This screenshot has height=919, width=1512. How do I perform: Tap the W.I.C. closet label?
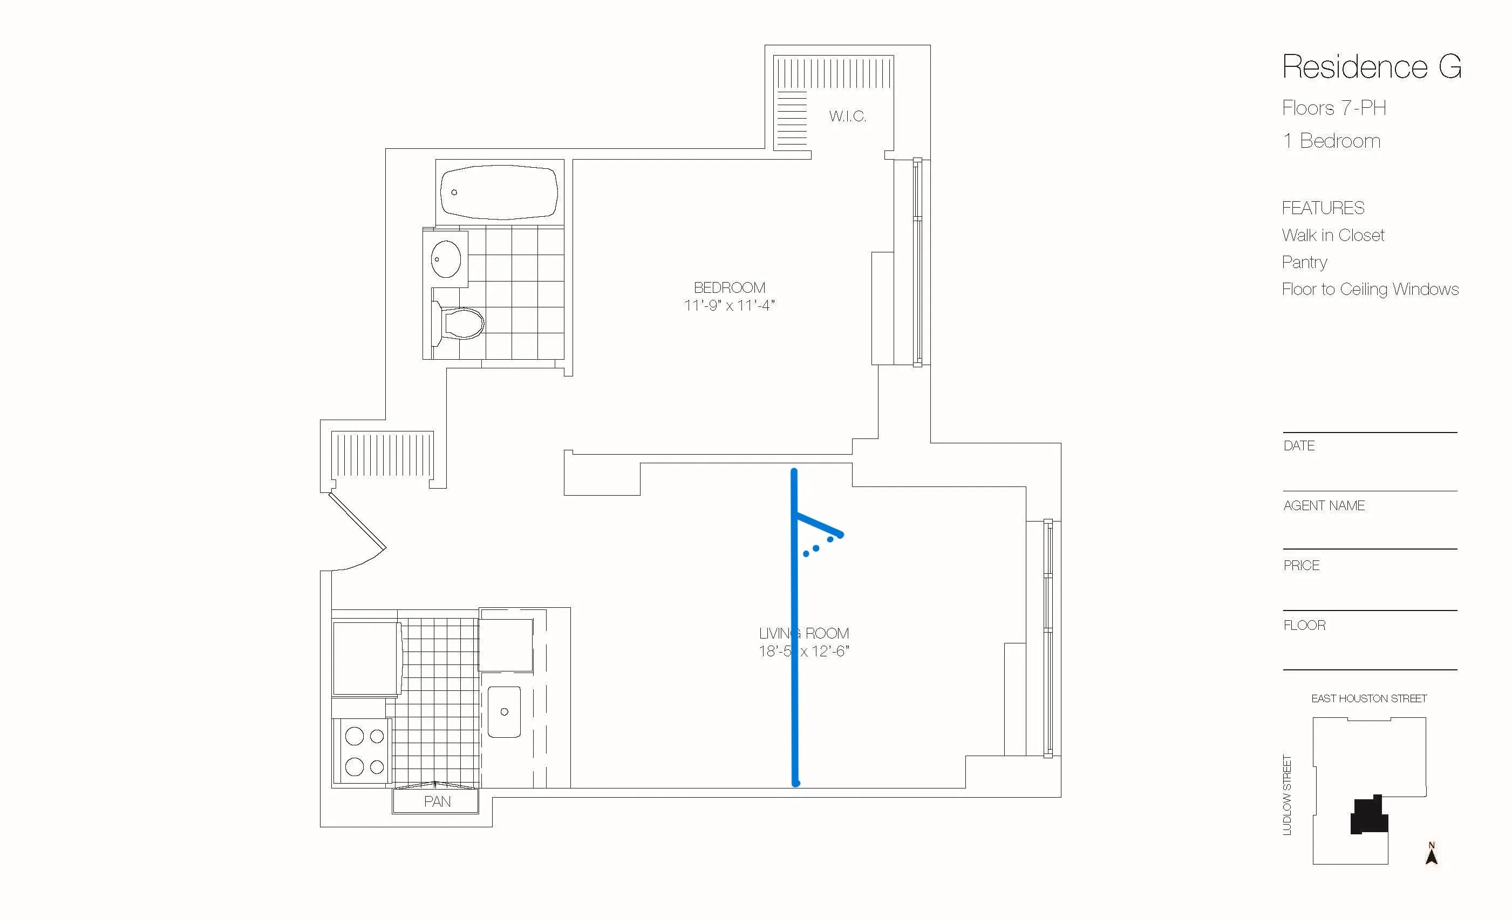click(847, 116)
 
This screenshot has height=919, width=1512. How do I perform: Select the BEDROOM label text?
click(729, 287)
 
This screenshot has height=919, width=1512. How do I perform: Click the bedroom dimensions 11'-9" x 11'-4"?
click(729, 305)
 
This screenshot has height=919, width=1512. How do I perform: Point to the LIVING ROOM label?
click(804, 633)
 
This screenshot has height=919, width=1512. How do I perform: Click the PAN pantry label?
click(437, 802)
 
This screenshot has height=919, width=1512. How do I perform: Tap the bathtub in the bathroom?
click(500, 192)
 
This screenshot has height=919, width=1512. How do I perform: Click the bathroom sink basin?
click(446, 259)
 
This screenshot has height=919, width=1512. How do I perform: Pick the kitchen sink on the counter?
click(504, 712)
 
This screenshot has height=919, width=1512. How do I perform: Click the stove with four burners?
click(363, 751)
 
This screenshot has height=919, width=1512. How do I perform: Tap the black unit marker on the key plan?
click(1369, 816)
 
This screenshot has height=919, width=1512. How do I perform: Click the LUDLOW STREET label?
click(1288, 794)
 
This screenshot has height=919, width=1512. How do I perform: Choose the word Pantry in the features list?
click(1304, 263)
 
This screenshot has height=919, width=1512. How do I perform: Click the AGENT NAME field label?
click(1324, 505)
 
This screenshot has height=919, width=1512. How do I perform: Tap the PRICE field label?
click(1301, 566)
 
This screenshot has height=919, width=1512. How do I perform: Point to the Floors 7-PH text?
click(1333, 108)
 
